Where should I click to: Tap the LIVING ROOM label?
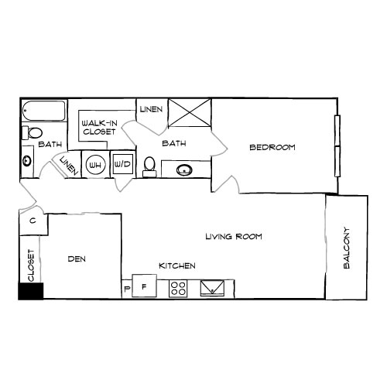click(x=235, y=237)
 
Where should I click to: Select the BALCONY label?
click(x=346, y=248)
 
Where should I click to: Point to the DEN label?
click(x=75, y=259)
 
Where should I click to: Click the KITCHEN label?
click(x=176, y=266)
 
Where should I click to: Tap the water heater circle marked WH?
click(x=95, y=164)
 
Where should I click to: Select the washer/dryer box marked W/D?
click(x=122, y=164)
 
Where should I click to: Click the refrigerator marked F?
click(x=144, y=287)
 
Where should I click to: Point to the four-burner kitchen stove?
click(x=178, y=288)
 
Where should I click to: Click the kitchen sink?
click(x=211, y=289)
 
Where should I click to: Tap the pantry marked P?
click(x=127, y=290)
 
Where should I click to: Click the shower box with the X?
click(x=189, y=113)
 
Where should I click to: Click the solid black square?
click(x=31, y=291)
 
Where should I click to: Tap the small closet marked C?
click(x=32, y=221)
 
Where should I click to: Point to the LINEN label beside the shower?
click(x=151, y=110)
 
